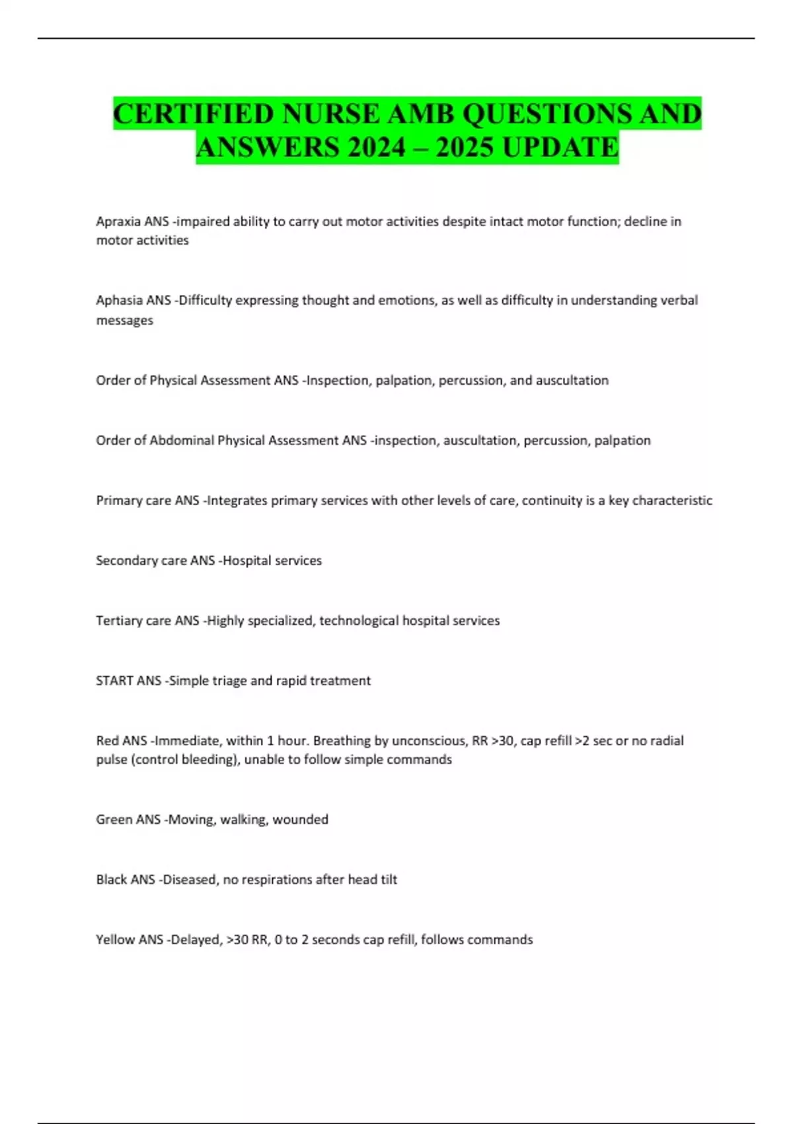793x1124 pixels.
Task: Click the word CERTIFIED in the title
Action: tap(193, 114)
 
